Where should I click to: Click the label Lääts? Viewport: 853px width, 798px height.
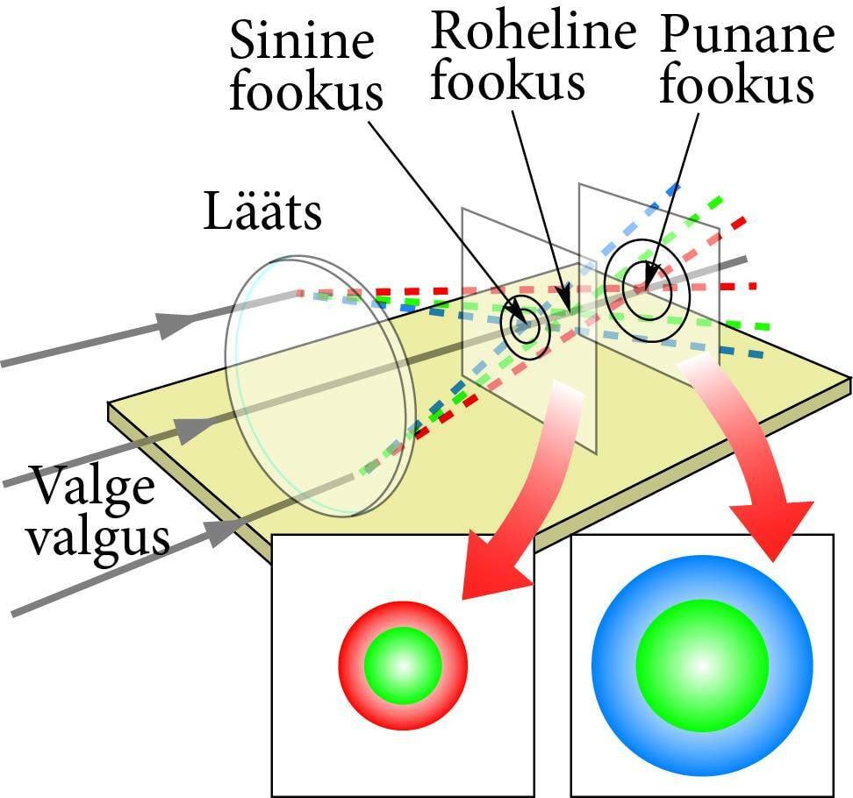point(262,212)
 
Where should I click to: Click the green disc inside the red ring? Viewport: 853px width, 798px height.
point(403,665)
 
